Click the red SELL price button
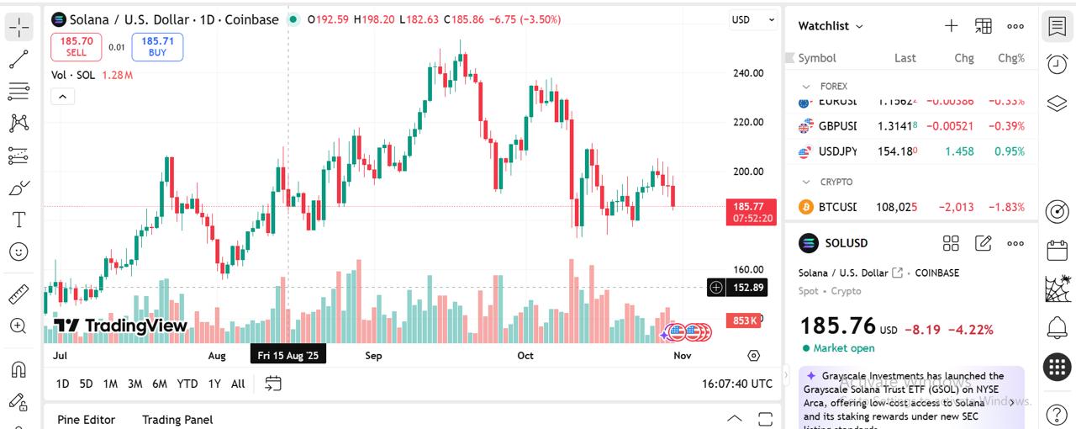pos(76,46)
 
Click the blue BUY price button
pos(157,46)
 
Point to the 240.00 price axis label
pos(747,73)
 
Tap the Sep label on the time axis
pos(373,356)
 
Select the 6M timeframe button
pos(159,384)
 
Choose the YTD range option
pos(187,384)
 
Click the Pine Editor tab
pos(86,420)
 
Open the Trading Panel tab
pos(177,420)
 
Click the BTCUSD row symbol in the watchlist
pos(837,207)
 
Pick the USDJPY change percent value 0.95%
pos(1010,151)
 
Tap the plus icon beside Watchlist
pos(951,26)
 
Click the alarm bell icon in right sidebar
pos(1057,327)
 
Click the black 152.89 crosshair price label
pos(747,288)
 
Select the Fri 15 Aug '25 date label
pos(288,356)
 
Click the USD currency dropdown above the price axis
pos(752,19)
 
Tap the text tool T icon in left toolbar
pos(18,220)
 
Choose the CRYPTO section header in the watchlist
pos(836,182)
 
